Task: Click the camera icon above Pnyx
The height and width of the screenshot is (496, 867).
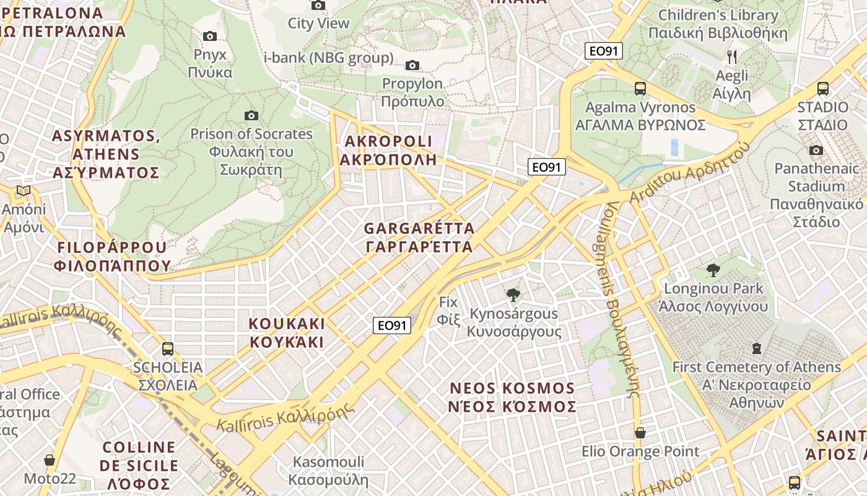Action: click(210, 36)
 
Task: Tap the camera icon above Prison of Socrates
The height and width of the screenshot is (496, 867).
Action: click(251, 115)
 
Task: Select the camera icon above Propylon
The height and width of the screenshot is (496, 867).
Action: click(412, 65)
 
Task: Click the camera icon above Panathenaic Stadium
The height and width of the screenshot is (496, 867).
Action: click(816, 150)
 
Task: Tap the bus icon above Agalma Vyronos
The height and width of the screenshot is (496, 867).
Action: click(640, 89)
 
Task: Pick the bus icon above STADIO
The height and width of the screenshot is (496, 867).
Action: click(822, 89)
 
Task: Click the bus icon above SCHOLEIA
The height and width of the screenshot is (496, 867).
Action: click(167, 348)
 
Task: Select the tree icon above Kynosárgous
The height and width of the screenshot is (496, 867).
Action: click(513, 295)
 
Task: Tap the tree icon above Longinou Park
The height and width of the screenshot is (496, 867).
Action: click(713, 270)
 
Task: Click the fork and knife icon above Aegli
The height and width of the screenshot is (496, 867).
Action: click(732, 57)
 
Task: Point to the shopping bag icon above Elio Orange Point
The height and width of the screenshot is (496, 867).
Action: click(640, 432)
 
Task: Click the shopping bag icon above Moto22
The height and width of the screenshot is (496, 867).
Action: click(50, 460)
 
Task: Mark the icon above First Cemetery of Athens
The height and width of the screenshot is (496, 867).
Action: click(756, 348)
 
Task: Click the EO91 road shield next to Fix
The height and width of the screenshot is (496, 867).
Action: click(392, 325)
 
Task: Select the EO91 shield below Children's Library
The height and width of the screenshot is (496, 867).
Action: click(603, 51)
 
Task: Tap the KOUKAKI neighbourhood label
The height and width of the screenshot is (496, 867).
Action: click(286, 332)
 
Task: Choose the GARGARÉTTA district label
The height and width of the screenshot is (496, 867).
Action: click(419, 237)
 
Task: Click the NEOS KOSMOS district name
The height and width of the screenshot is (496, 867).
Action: click(513, 397)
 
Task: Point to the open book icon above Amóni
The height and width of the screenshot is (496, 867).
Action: click(24, 190)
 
